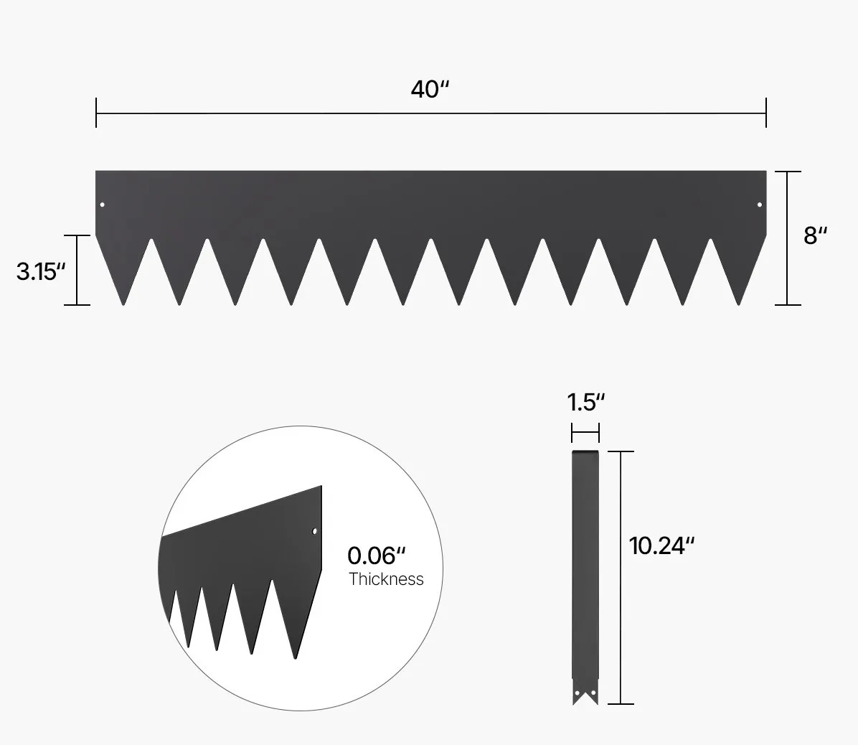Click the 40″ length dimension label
[x=430, y=90]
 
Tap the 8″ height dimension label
[x=816, y=235]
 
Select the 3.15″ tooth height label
[x=41, y=271]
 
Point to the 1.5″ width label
[x=586, y=403]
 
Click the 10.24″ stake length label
[x=661, y=545]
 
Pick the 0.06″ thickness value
[x=377, y=556]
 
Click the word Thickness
[x=387, y=579]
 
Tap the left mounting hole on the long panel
[x=103, y=205]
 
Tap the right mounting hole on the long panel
[x=760, y=205]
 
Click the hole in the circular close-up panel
[x=314, y=531]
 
